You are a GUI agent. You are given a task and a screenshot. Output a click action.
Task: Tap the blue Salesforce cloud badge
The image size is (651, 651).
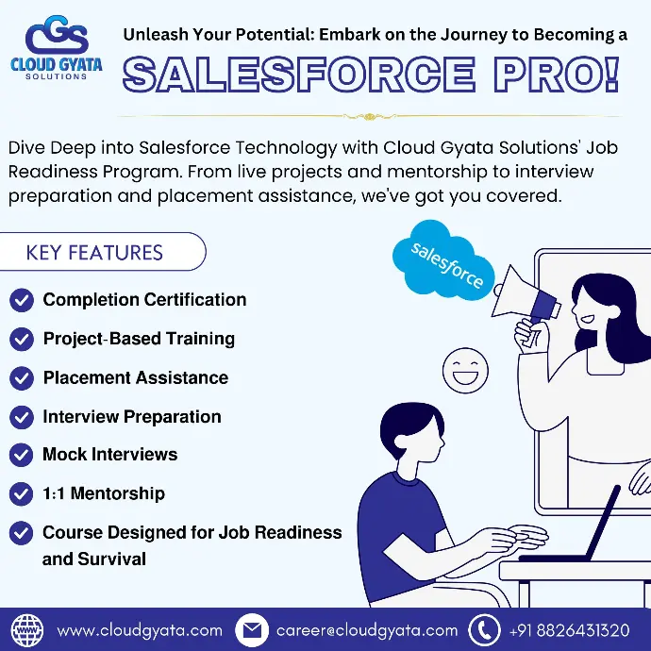443,259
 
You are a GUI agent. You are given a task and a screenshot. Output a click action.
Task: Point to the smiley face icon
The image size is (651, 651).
465,371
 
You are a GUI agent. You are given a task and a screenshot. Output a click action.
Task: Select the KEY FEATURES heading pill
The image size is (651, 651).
103,252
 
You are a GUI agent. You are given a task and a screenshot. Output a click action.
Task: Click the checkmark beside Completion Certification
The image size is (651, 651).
22,300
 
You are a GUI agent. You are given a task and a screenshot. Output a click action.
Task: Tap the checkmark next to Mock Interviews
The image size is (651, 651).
21,455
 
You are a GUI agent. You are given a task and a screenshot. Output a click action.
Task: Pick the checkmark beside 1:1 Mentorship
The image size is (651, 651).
21,494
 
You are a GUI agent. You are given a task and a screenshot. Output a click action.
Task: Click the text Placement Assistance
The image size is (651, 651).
136,377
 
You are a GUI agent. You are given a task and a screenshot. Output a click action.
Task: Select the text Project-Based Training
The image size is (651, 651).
139,339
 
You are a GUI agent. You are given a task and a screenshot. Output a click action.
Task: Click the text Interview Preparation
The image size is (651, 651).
132,417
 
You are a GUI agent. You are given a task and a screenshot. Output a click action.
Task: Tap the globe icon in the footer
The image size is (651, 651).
27,630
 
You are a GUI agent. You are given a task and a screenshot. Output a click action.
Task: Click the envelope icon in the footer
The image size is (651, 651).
252,630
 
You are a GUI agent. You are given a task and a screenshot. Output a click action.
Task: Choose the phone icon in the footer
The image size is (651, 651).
484,630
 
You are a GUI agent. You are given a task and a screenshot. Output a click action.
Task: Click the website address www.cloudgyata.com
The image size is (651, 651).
140,630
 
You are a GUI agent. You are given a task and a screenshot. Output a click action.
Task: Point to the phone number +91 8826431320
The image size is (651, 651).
570,630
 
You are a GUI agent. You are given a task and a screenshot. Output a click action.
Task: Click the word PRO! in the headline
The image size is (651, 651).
557,74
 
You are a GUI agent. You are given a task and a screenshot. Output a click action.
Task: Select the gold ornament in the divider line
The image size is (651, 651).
369,117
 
